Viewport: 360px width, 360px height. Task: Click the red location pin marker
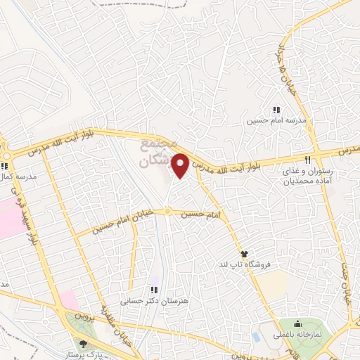(181, 165)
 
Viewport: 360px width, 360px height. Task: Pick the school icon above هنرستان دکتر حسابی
(154, 290)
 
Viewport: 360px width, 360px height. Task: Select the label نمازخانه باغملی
(297, 335)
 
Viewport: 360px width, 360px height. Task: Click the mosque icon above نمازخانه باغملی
(298, 324)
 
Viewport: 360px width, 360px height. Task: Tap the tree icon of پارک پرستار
(84, 344)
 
